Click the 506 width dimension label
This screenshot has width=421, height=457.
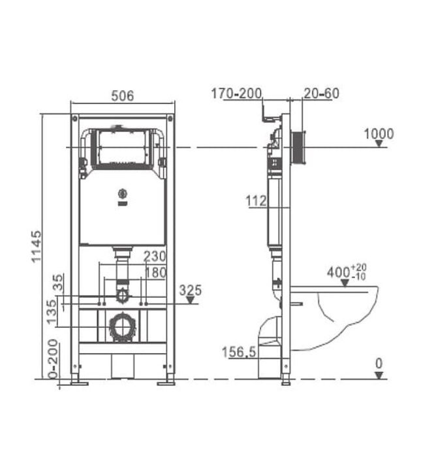[122, 95]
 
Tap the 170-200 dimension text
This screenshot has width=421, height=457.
[235, 93]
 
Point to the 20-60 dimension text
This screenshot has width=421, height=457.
[321, 93]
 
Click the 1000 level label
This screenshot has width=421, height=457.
[379, 134]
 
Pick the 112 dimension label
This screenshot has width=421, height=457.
[257, 201]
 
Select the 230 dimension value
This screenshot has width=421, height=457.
[155, 256]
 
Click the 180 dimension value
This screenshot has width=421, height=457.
[155, 273]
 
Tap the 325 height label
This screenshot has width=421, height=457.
[190, 289]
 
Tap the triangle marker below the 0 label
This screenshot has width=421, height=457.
[378, 375]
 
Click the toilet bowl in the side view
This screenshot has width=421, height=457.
[346, 313]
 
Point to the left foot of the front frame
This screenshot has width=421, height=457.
[78, 381]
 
